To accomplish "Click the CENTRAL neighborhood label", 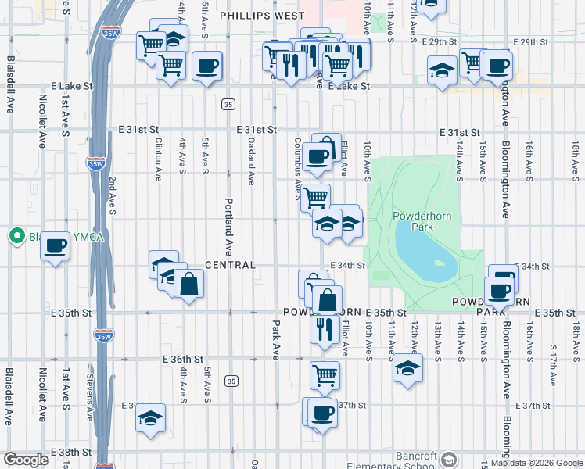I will click(231, 266).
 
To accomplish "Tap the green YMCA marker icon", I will click(16, 235).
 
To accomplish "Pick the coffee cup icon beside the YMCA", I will click(55, 246).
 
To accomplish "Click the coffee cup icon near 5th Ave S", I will click(206, 66).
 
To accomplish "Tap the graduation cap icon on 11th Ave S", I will click(407, 368).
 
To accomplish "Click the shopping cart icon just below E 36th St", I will click(325, 374).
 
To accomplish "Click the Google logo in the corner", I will click(26, 460).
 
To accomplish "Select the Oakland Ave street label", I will click(251, 163).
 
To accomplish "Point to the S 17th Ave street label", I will click(553, 364).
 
